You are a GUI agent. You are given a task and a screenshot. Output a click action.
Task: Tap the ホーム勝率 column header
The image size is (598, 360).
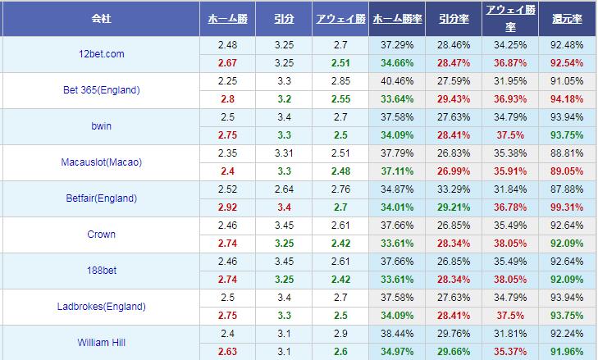click(397, 17)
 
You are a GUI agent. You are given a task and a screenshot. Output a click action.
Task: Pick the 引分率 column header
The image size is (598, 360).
click(454, 17)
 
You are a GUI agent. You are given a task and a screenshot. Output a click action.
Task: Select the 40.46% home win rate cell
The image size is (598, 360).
click(397, 81)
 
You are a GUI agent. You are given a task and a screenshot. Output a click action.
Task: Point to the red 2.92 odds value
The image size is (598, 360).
click(227, 207)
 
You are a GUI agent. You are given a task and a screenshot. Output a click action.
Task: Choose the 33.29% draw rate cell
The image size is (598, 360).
click(454, 189)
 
